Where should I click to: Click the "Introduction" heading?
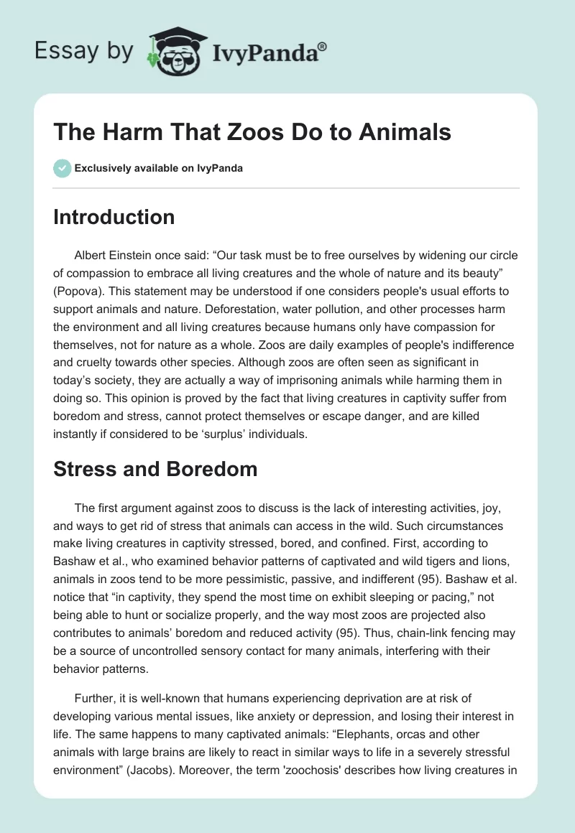(x=114, y=217)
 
